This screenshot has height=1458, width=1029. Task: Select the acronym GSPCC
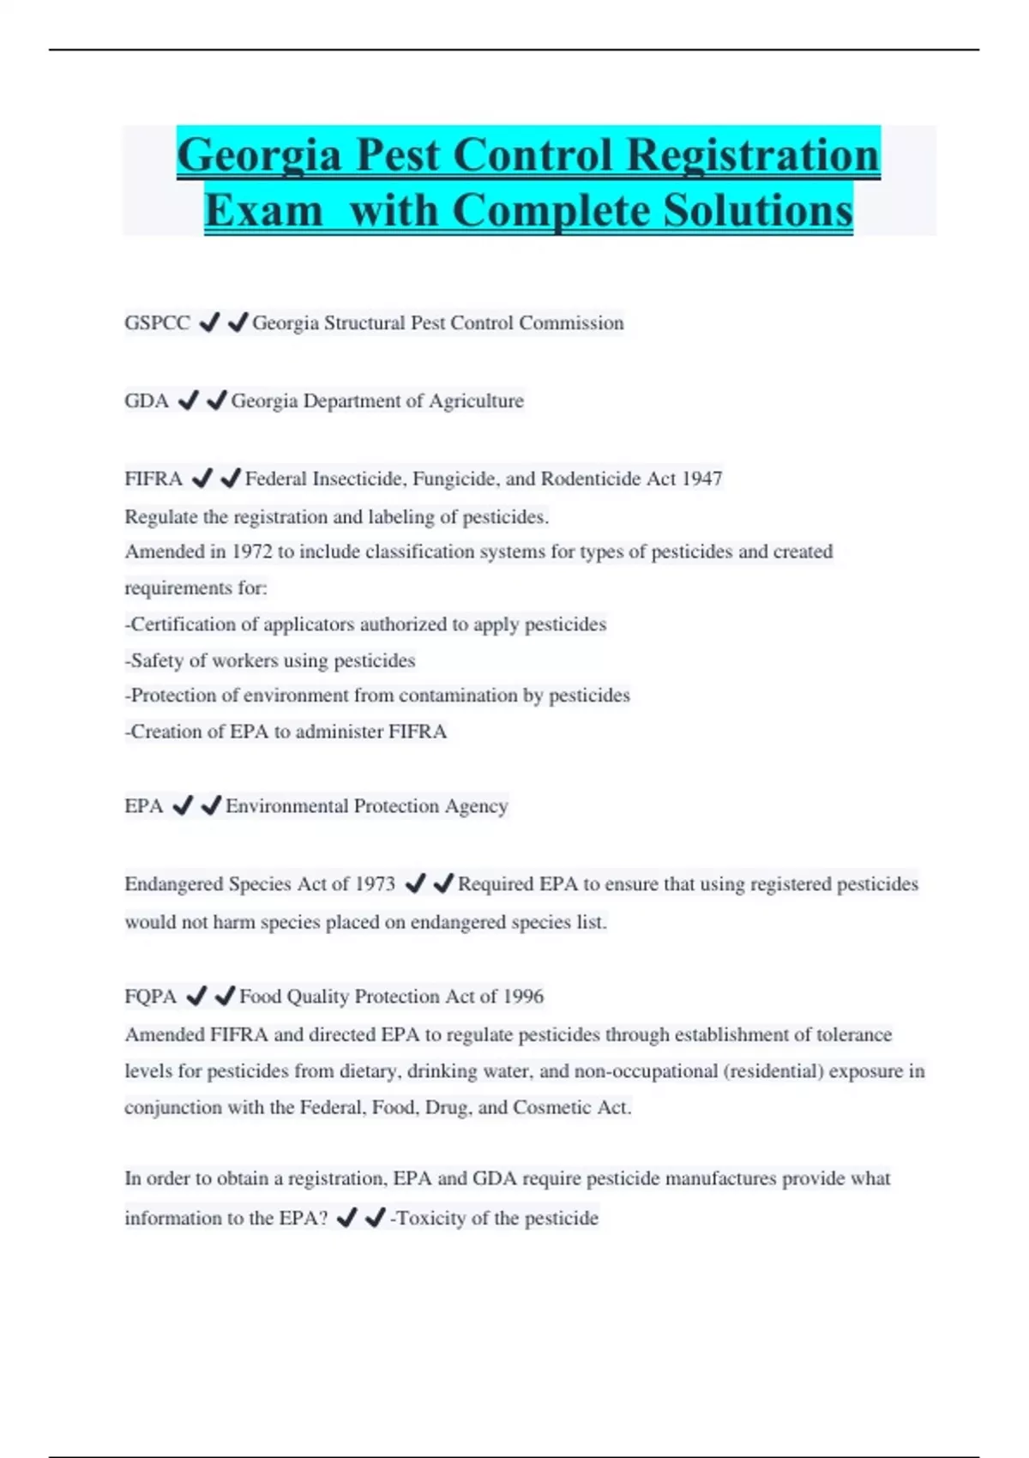pos(158,323)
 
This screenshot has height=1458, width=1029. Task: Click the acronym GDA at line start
pos(147,401)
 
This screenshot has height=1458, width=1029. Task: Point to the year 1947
pos(701,479)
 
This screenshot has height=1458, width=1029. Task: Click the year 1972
pos(251,551)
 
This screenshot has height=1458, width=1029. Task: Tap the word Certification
pos(183,624)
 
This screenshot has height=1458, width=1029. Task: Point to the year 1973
pos(375,884)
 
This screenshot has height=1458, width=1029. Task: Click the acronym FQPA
pos(150,997)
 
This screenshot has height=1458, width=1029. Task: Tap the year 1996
pos(523,997)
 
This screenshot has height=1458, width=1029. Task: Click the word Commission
pos(571,323)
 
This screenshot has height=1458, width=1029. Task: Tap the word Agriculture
pos(476,401)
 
